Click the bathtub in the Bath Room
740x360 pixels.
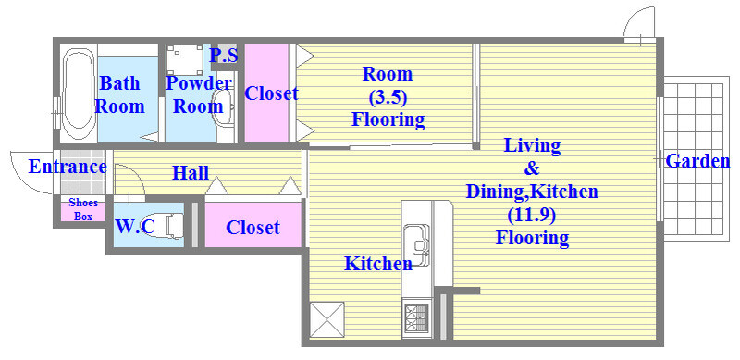pyautogui.click(x=78, y=93)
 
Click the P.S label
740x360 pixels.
pyautogui.click(x=223, y=56)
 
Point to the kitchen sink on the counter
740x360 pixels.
pyautogui.click(x=417, y=242)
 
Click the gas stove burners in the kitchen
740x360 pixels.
pyautogui.click(x=416, y=318)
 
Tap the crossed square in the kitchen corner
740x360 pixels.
pyautogui.click(x=327, y=320)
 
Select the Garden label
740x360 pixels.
pyautogui.click(x=697, y=161)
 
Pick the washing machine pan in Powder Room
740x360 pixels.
pyautogui.click(x=184, y=60)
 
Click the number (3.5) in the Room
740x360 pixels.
pyautogui.click(x=387, y=97)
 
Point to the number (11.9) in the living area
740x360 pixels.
pyautogui.click(x=532, y=215)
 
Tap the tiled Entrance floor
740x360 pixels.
pyautogui.click(x=83, y=172)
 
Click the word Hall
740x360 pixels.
pyautogui.click(x=191, y=173)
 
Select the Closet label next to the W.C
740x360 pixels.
pyautogui.click(x=253, y=228)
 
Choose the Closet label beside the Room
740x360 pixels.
pyautogui.click(x=271, y=93)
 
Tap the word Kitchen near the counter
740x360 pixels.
pyautogui.click(x=378, y=264)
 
